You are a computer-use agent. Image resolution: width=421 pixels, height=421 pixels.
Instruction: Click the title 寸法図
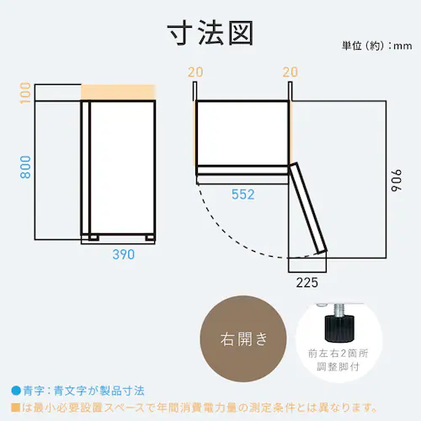click(210, 35)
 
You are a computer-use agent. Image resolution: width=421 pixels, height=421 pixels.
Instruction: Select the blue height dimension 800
click(25, 169)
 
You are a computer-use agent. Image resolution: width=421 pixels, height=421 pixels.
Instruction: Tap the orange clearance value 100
click(25, 93)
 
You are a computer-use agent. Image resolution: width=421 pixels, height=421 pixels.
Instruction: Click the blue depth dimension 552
click(242, 195)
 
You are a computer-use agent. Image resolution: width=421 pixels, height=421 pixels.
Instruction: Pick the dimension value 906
click(398, 181)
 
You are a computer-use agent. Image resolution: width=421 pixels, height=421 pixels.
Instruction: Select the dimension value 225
click(306, 282)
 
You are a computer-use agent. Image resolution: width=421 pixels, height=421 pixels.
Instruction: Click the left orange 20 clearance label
click(195, 72)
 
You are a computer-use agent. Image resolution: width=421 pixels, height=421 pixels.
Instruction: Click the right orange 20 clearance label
click(291, 72)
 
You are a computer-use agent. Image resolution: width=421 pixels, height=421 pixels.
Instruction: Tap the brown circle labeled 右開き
click(245, 339)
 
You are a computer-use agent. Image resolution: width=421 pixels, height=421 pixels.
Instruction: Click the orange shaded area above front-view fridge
click(118, 93)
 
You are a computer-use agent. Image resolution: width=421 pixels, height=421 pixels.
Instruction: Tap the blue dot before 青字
click(15, 391)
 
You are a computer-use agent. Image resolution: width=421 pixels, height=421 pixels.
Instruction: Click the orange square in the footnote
click(15, 407)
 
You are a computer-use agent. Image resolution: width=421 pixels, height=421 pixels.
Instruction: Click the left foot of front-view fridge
click(88, 237)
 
